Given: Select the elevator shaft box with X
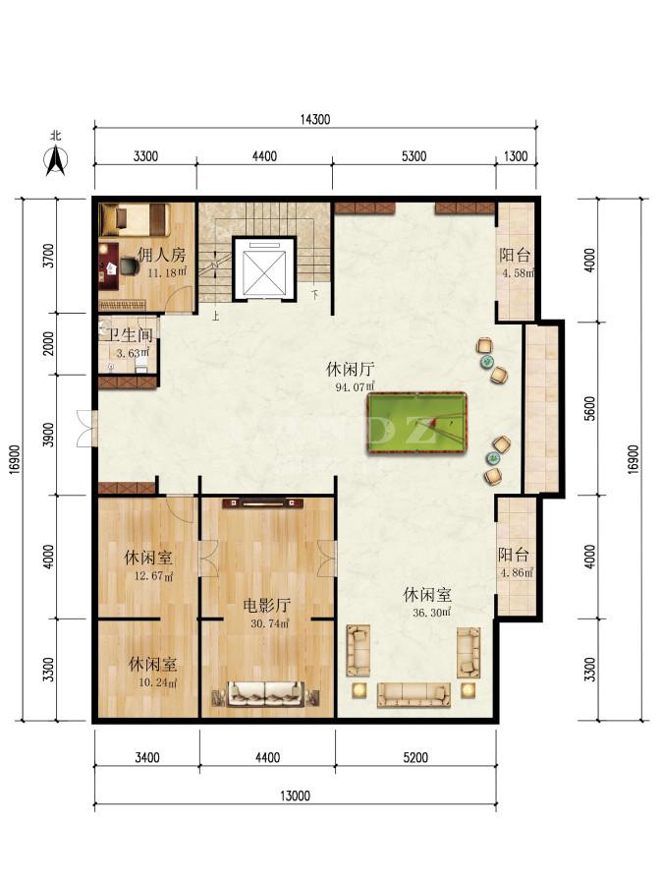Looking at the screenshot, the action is click(264, 268).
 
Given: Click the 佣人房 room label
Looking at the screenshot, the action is click(161, 255).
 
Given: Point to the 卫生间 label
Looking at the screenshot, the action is click(131, 335).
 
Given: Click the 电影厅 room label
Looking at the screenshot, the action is click(266, 606).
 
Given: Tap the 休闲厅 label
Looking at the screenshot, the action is click(350, 370).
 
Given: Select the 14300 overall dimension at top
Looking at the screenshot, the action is click(315, 119).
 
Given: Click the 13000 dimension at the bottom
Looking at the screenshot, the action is click(296, 796).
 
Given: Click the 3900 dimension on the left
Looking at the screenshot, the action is click(50, 435).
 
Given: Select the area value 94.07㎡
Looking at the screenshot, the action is click(356, 387).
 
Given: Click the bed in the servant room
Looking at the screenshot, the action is click(135, 219).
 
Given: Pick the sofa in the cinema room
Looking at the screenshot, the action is click(265, 693).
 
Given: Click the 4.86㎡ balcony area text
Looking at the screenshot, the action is click(517, 573).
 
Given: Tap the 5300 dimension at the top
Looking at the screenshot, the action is click(414, 156).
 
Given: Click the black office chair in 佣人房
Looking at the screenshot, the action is click(129, 265).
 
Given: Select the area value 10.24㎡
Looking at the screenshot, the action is click(157, 682).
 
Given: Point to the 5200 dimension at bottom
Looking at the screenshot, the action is click(415, 757).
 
